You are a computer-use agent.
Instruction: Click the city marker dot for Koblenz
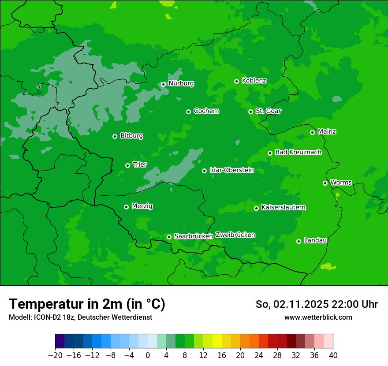click(237, 81)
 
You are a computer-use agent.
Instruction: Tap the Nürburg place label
click(181, 83)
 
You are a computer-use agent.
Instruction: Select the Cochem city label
click(206, 111)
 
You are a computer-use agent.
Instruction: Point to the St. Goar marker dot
click(251, 112)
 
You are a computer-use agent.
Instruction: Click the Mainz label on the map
click(327, 131)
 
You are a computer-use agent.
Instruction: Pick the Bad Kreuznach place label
click(298, 152)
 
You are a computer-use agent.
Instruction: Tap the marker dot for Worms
click(325, 183)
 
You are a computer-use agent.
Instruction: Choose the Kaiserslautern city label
click(284, 207)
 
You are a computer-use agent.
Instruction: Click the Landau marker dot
click(299, 241)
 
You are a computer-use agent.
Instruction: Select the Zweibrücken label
click(235, 235)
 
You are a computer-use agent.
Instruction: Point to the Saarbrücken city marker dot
click(169, 237)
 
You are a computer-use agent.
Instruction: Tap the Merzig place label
click(142, 206)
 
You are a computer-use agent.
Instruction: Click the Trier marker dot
click(128, 165)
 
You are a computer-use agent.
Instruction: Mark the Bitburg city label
click(131, 136)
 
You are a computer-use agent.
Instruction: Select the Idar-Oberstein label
click(231, 170)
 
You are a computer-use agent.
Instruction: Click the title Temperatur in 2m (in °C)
click(87, 304)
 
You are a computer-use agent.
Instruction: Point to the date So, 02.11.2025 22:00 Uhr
click(317, 304)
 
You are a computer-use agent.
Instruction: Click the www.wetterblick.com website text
click(318, 317)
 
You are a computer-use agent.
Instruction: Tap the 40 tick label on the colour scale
click(333, 355)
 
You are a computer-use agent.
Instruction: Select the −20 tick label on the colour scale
click(55, 355)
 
